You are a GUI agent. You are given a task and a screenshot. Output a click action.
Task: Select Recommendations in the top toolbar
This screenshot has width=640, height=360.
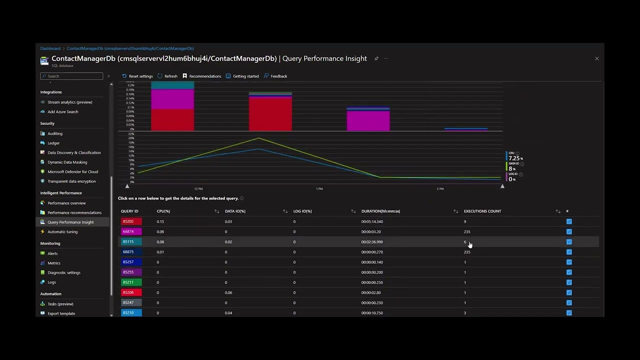click(x=202, y=76)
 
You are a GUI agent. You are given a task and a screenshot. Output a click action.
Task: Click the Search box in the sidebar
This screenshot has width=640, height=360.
click(x=71, y=76)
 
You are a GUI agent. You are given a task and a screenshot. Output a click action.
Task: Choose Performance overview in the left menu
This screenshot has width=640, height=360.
click(x=66, y=203)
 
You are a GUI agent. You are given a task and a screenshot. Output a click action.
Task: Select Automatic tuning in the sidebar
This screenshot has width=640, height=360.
click(x=62, y=231)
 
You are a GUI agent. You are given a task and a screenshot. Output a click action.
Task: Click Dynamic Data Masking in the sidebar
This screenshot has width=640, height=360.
click(x=67, y=162)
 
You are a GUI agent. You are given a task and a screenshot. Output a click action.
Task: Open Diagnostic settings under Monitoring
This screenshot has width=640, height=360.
click(x=64, y=272)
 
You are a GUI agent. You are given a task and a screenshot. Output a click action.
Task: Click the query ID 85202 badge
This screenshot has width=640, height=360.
click(x=131, y=221)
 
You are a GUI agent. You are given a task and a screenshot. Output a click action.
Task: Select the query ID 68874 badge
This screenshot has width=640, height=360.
click(x=131, y=231)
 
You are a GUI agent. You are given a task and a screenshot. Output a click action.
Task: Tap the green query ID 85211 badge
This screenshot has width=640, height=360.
click(x=131, y=282)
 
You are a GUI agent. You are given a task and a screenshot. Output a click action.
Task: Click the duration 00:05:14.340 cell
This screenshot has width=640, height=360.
click(x=372, y=221)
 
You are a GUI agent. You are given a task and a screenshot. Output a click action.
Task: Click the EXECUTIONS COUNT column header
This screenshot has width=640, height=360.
click(x=482, y=211)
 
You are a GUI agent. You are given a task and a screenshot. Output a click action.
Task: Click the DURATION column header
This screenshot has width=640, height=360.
click(x=380, y=211)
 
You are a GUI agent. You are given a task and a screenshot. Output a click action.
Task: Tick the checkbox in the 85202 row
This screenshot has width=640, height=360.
click(x=569, y=221)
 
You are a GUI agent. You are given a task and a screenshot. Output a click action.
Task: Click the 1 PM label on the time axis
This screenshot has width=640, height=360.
click(x=319, y=189)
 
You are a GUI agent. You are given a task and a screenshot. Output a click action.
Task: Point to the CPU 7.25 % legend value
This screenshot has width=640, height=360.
click(x=514, y=158)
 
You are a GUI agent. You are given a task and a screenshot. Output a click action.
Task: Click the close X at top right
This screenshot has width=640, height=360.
click(x=596, y=58)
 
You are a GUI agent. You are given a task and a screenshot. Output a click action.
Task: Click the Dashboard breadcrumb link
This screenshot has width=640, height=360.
click(x=50, y=48)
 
